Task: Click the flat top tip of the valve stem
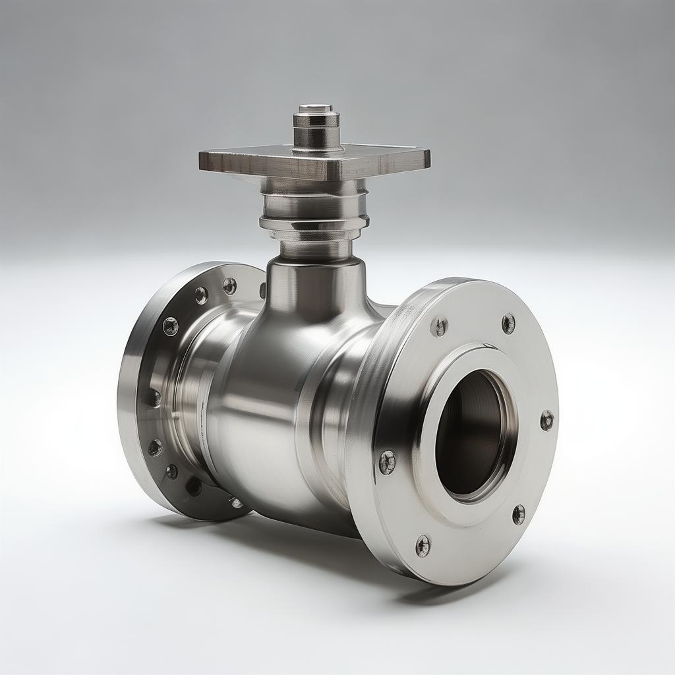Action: tap(315, 108)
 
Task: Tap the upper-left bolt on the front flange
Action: tap(440, 326)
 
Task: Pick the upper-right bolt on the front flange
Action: tap(508, 323)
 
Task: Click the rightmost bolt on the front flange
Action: tap(546, 420)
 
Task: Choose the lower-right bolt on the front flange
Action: tap(519, 514)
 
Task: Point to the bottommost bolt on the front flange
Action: tap(423, 545)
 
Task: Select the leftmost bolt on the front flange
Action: tap(387, 462)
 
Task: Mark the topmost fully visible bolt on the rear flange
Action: tap(229, 285)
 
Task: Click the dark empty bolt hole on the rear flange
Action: tap(193, 486)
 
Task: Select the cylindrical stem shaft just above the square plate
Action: tap(316, 135)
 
